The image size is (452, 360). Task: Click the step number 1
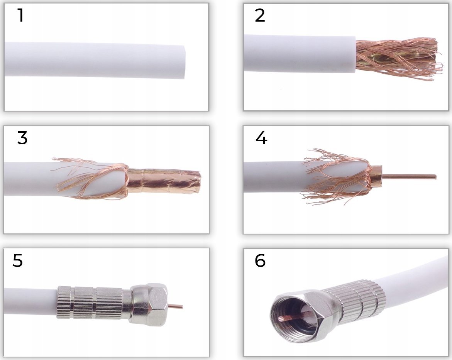pos(20,15)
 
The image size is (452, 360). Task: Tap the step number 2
pos(260,15)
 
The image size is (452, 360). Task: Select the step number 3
pos(22,138)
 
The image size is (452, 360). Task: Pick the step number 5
pos(18,260)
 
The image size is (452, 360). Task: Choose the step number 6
pos(260,260)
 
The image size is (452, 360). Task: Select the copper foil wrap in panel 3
pos(163,181)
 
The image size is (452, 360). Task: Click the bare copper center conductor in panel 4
pos(409,176)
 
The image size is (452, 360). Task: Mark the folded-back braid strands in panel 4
pos(337,176)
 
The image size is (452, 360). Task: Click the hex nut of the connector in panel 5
pos(149,304)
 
